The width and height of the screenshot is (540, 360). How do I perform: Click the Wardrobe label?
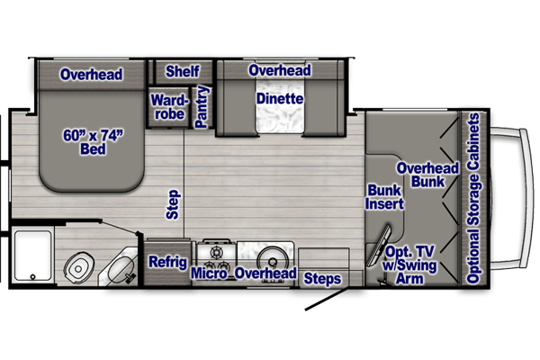coord(169,107)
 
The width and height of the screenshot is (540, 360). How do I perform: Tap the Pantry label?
coord(202,107)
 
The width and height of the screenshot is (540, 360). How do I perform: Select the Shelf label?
coord(183,71)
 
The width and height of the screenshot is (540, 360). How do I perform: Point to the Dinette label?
coord(280,99)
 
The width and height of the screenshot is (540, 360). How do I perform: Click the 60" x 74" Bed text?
coord(93,142)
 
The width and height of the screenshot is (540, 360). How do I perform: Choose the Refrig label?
coord(167,262)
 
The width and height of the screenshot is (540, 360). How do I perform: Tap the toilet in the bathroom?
coord(79,266)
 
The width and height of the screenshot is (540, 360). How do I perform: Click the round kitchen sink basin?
coord(273,261)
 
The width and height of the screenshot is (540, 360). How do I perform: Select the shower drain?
coord(32,276)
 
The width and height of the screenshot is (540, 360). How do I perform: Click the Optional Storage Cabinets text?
coord(473,198)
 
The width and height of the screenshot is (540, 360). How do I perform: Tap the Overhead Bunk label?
coord(427,175)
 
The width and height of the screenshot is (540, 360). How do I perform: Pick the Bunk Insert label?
coord(384,197)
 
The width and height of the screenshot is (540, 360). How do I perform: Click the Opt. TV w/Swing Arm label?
coord(409,265)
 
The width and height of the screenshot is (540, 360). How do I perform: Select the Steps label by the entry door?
coord(322,279)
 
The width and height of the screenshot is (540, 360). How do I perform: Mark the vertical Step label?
coord(173,204)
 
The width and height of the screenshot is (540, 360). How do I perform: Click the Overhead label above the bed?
coord(91,75)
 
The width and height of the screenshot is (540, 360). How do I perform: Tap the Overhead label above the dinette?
coord(280,70)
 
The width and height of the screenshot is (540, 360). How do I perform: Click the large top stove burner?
coord(217,253)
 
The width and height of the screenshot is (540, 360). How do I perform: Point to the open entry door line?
coord(326,300)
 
